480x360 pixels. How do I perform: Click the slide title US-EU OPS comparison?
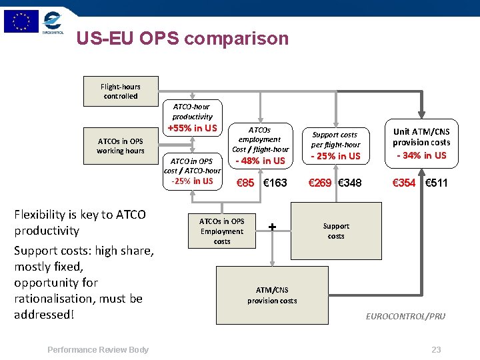[x=182, y=39]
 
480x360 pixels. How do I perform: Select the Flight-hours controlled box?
[x=121, y=91]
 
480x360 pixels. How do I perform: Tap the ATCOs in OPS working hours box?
[x=121, y=146]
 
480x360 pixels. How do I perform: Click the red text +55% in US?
[x=192, y=128]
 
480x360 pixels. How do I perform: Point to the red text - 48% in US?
[x=260, y=161]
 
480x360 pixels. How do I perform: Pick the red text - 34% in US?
[x=421, y=155]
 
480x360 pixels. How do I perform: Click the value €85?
[x=245, y=183]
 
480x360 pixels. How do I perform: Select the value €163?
[x=275, y=183]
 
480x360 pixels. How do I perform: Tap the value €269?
[x=319, y=183]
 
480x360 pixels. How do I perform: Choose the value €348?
[x=350, y=183]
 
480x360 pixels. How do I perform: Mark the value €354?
[x=404, y=183]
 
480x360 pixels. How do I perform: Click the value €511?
[x=437, y=183]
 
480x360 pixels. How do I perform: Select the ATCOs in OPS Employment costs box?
[x=222, y=231]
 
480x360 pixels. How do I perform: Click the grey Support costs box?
[x=336, y=231]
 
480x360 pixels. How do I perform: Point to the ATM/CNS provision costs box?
[x=272, y=295]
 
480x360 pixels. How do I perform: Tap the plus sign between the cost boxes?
[x=272, y=227]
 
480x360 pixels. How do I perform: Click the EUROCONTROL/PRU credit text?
[x=405, y=316]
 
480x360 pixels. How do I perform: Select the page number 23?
[x=437, y=350]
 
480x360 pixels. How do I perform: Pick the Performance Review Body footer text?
[x=98, y=350]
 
